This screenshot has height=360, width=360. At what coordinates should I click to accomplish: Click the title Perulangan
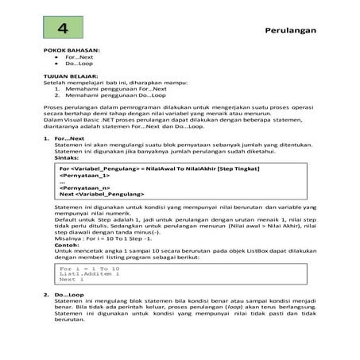(x=291, y=31)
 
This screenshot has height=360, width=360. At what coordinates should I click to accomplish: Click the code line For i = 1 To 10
(x=87, y=268)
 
